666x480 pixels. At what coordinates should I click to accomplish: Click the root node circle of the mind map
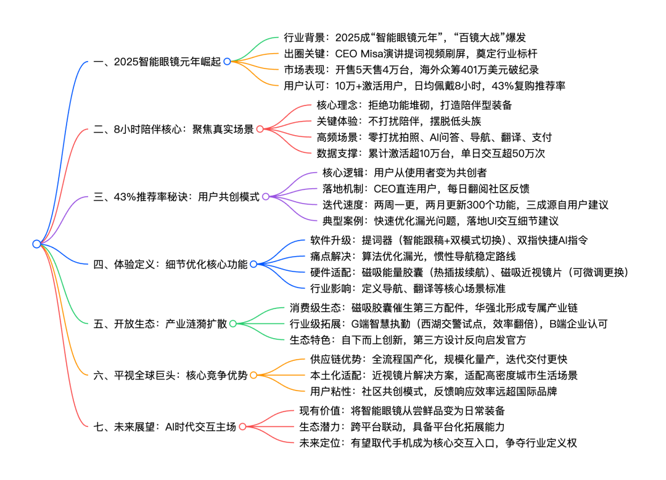click(x=36, y=244)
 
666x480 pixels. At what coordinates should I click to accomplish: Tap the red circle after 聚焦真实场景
click(x=260, y=129)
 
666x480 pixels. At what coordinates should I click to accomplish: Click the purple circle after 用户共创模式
click(x=266, y=197)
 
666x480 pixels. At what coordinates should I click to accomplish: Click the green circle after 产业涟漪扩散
click(x=232, y=323)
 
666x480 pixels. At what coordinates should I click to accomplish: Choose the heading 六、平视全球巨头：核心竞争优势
click(x=170, y=374)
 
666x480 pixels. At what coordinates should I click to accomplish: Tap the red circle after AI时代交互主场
click(x=242, y=426)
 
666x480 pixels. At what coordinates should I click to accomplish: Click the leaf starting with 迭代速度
click(x=465, y=205)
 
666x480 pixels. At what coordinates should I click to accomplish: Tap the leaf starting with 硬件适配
click(x=469, y=272)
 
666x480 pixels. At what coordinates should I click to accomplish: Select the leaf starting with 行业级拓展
click(x=449, y=323)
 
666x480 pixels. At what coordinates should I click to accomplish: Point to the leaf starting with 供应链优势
click(x=426, y=358)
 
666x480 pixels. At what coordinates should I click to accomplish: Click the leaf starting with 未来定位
click(x=437, y=442)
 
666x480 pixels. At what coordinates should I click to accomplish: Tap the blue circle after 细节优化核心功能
click(x=253, y=264)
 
